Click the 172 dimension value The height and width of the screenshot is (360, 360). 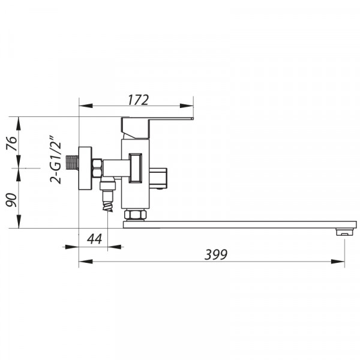tap(138, 100)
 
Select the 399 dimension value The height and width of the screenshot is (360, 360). tap(216, 254)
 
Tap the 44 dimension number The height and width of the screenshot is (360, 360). tap(94, 239)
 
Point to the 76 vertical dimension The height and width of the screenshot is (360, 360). tap(12, 143)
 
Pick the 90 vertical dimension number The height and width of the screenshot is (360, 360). tap(11, 200)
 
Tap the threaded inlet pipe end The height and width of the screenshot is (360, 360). tap(72, 163)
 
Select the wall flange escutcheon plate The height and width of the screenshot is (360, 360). tap(85, 168)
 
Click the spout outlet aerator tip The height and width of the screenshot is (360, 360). tap(344, 232)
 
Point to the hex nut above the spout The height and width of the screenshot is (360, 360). tap(135, 214)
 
